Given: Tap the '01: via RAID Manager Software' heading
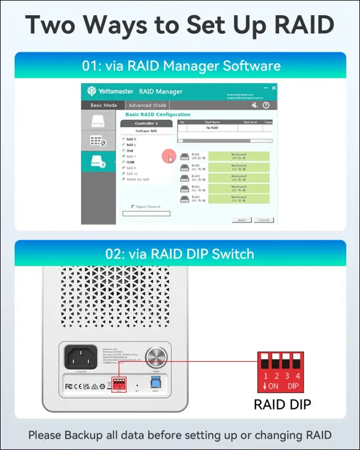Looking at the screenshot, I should click(x=181, y=66).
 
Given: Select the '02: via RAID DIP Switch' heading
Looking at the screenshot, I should click(x=180, y=254).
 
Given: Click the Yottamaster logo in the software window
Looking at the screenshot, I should click(x=91, y=91).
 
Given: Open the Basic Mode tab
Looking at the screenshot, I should click(x=103, y=105).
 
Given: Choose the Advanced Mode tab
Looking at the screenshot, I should click(x=147, y=105).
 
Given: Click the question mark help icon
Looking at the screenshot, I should click(x=266, y=105).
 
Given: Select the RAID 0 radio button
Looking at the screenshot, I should click(x=124, y=138).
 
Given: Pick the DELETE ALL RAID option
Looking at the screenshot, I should click(x=124, y=179).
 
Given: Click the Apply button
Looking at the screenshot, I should click(x=241, y=220).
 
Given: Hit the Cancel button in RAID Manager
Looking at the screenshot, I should click(x=263, y=220).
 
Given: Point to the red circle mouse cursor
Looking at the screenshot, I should click(x=168, y=157).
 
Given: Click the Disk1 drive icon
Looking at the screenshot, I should click(x=184, y=156).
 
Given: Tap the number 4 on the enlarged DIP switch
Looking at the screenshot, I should click(x=297, y=375).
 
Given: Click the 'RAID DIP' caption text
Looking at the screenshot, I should click(x=282, y=404).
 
